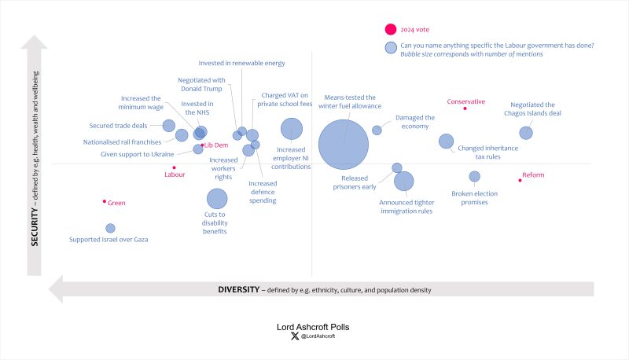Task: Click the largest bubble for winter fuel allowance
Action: pos(344,144)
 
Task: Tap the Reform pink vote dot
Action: pos(520,180)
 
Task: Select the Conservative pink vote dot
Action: pos(465,108)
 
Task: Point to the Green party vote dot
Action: pos(104,201)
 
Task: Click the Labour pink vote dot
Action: pos(174,167)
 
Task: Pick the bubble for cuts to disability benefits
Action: pos(217,200)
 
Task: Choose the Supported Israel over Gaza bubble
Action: pos(110,228)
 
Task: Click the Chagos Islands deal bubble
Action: pos(526,133)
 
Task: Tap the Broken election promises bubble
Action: pos(474,176)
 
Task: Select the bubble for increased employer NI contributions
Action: pos(292,128)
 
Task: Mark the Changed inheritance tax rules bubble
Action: pos(446,141)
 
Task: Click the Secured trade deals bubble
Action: pos(168,126)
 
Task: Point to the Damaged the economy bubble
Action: pos(377,130)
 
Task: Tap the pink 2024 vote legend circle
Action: pos(390,31)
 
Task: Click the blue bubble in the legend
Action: pos(390,49)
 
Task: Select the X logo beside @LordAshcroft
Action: pos(295,337)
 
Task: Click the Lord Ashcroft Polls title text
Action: pos(314,325)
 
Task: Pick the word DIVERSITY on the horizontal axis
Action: pos(238,290)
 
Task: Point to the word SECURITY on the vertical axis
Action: pos(35,229)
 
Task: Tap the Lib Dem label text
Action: pos(216,145)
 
